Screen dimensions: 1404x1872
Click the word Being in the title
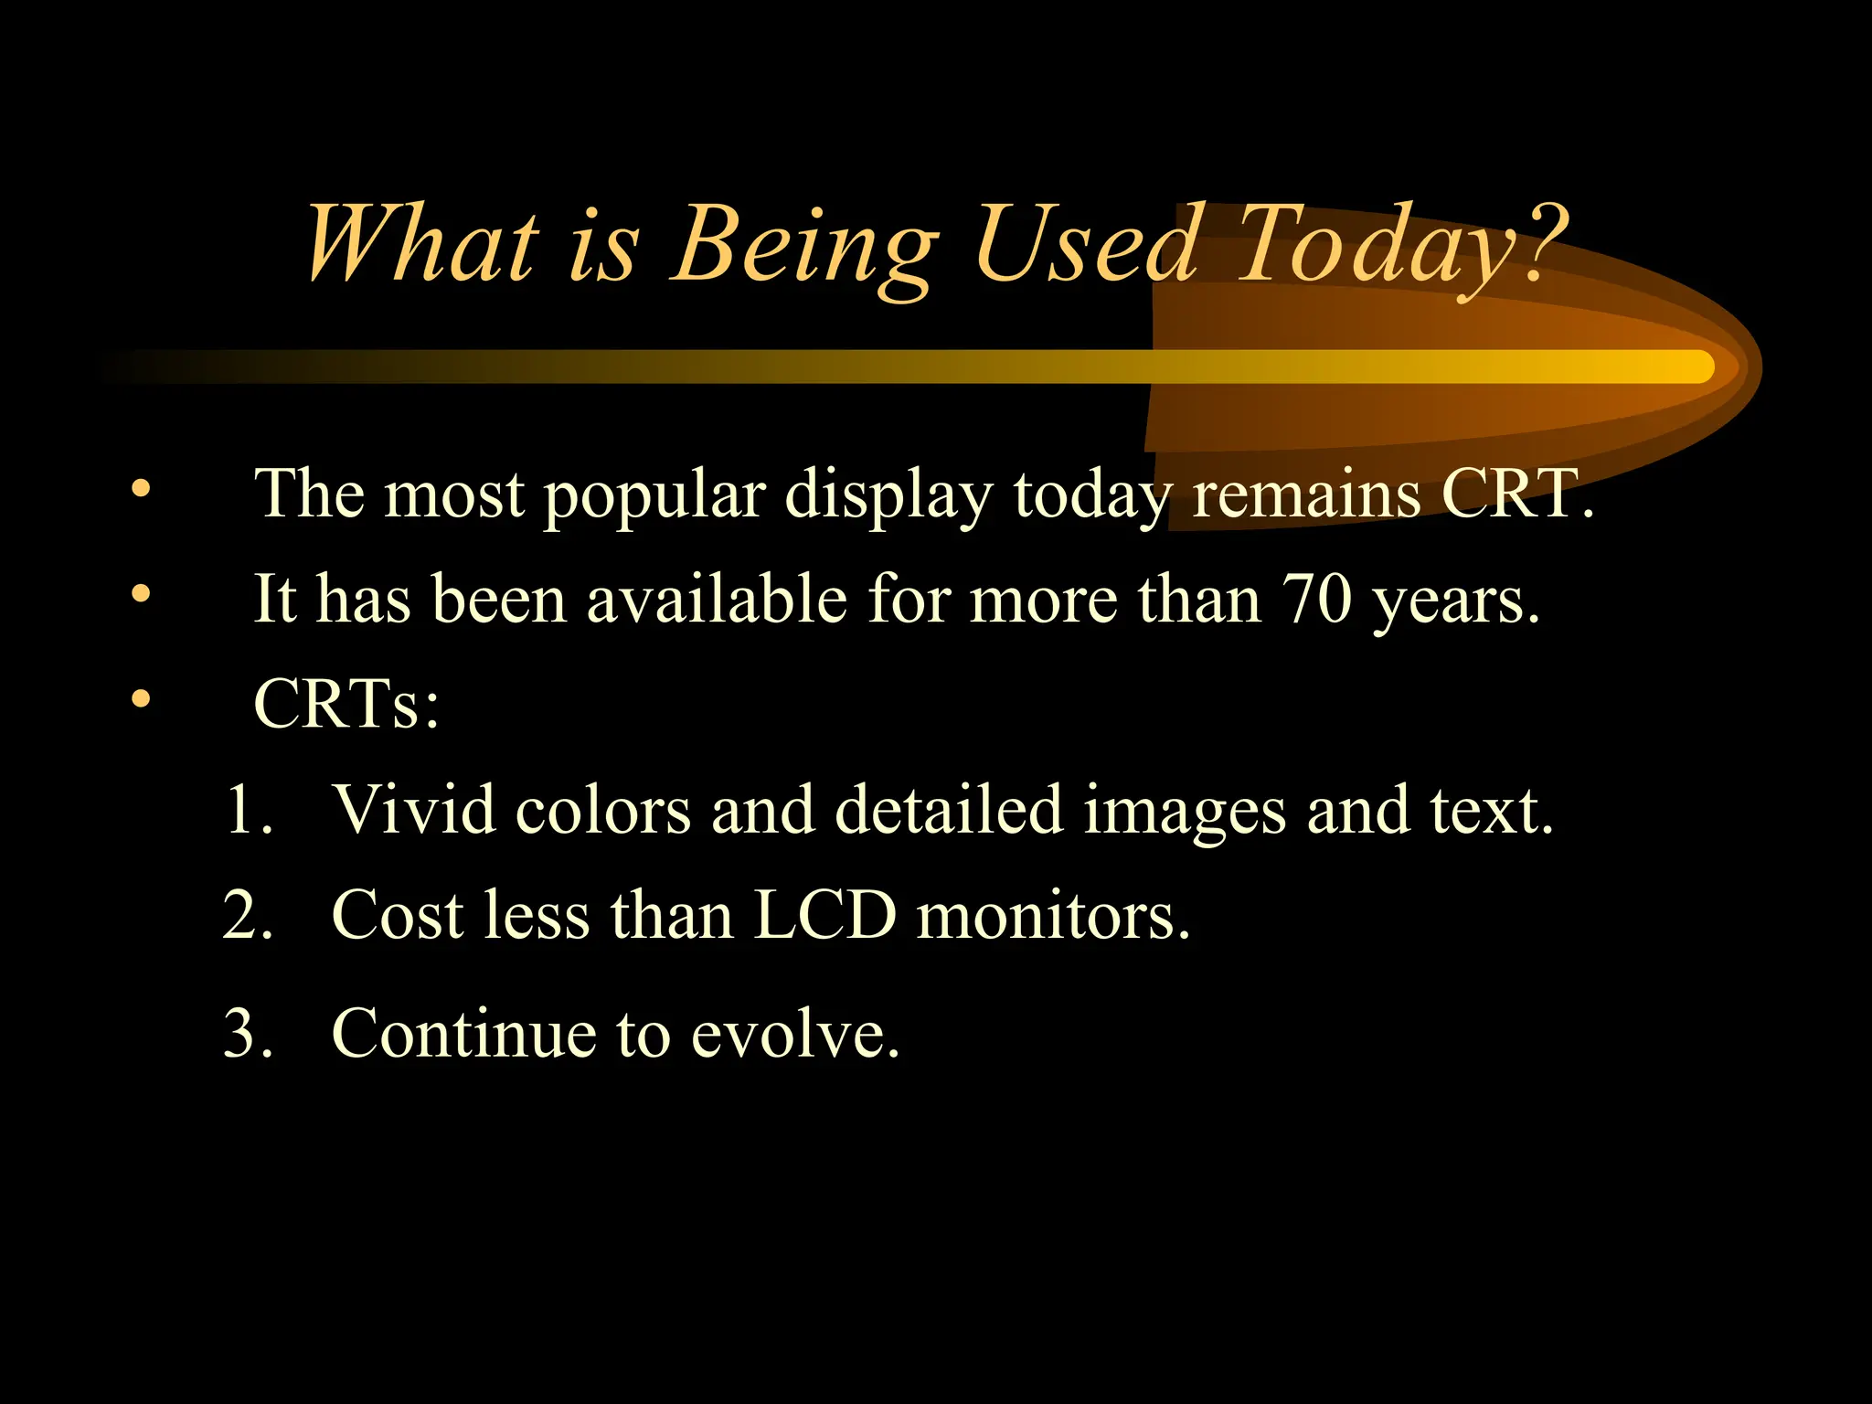click(804, 245)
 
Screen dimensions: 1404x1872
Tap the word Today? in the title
click(1399, 245)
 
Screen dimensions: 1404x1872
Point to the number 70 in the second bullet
click(1316, 600)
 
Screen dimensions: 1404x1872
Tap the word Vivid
click(413, 810)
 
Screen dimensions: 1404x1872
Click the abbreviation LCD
click(824, 915)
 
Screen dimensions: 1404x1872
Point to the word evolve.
click(794, 1035)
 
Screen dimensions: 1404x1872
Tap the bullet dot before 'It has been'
click(140, 594)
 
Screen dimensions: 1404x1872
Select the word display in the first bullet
click(888, 496)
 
